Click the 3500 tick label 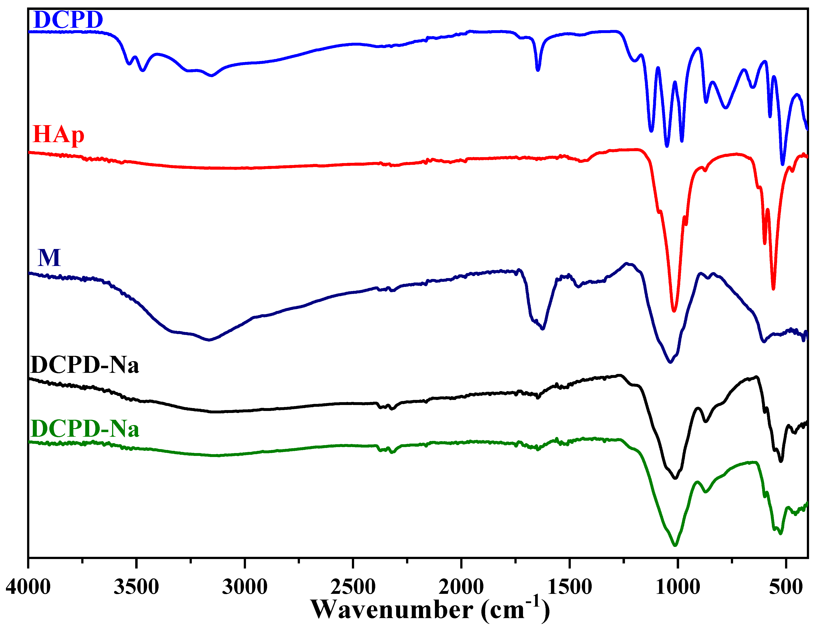[x=136, y=587]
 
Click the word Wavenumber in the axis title [x=392, y=610]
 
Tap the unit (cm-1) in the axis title [x=515, y=609]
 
